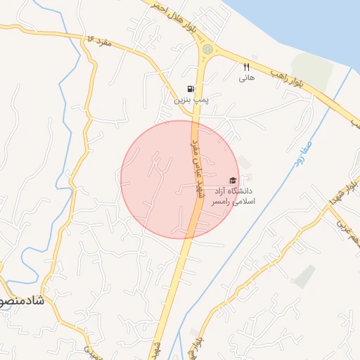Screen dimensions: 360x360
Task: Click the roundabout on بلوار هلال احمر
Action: click(x=207, y=49)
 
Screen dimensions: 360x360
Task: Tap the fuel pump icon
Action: click(x=191, y=89)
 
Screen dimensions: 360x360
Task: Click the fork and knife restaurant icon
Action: click(x=246, y=67)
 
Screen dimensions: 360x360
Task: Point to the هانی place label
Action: click(x=246, y=78)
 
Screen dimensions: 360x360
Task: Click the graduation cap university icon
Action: click(x=233, y=180)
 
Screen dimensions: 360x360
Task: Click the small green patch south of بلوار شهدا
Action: click(x=304, y=276)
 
